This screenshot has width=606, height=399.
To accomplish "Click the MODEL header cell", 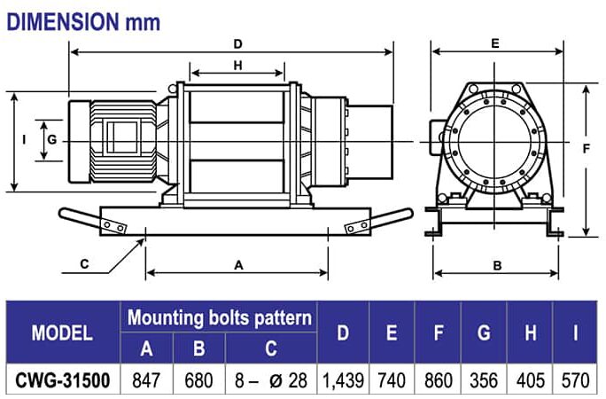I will pyautogui.click(x=62, y=333).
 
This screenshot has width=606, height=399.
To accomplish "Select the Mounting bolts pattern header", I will pyautogui.click(x=219, y=317).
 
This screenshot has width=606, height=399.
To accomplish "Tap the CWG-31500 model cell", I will pyautogui.click(x=62, y=381).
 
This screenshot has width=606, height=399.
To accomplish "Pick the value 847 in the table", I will pyautogui.click(x=147, y=381).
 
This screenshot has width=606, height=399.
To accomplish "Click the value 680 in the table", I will pyautogui.click(x=198, y=381).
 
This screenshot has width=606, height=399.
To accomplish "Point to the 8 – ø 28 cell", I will pyautogui.click(x=270, y=381).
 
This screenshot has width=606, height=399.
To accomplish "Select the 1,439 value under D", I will pyautogui.click(x=344, y=381).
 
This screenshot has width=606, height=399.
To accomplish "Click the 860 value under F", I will pyautogui.click(x=439, y=381).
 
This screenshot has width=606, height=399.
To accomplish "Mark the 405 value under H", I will pyautogui.click(x=530, y=381).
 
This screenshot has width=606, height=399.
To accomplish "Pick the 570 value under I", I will pyautogui.click(x=576, y=381).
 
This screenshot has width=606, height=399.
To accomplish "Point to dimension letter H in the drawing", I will pyautogui.click(x=238, y=65).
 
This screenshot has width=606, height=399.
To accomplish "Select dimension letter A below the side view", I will pyautogui.click(x=238, y=264).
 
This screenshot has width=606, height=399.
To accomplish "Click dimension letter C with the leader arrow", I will pyautogui.click(x=85, y=263).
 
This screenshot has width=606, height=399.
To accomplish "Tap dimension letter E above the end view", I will pyautogui.click(x=496, y=42).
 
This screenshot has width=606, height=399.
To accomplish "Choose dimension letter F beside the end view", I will pyautogui.click(x=587, y=149).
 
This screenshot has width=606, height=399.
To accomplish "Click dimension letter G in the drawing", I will pyautogui.click(x=52, y=139).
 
